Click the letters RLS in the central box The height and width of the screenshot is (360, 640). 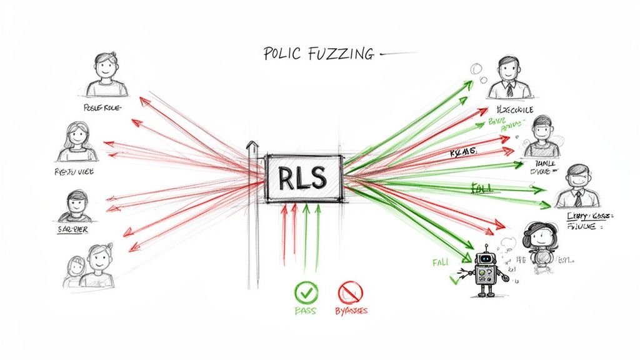click(304, 178)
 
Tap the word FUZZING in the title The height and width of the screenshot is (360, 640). click(340, 54)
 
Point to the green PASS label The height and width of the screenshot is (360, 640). click(306, 310)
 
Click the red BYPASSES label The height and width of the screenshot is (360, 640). click(351, 311)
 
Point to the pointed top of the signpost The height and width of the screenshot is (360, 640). click(252, 146)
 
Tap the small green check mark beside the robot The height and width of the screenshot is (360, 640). click(453, 279)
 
